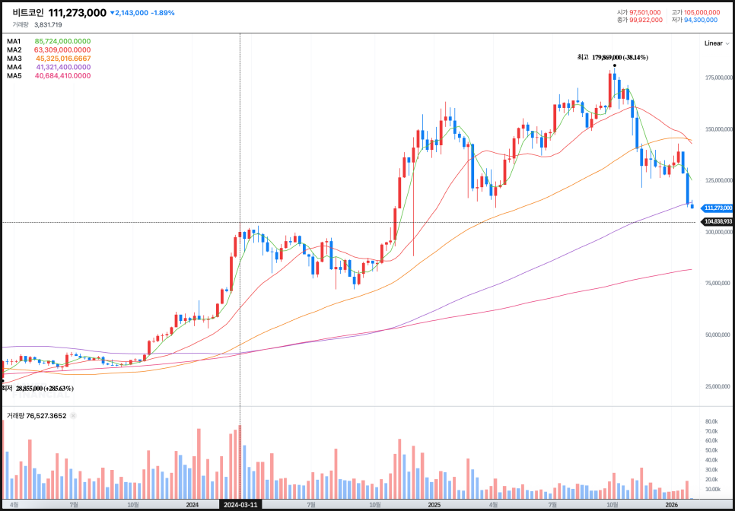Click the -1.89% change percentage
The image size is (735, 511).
pyautogui.click(x=163, y=13)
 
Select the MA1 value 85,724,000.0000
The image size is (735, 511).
pyautogui.click(x=62, y=41)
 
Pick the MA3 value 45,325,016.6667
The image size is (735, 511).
pyautogui.click(x=62, y=59)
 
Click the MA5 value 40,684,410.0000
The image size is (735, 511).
pyautogui.click(x=62, y=76)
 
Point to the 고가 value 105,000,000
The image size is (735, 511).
pyautogui.click(x=702, y=12)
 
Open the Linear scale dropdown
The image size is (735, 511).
pyautogui.click(x=714, y=43)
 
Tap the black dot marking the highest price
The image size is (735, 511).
pyautogui.click(x=614, y=65)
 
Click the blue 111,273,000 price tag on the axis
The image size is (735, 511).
pyautogui.click(x=717, y=208)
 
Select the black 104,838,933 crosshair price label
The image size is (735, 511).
pyautogui.click(x=717, y=221)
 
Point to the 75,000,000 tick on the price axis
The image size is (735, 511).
pyautogui.click(x=718, y=282)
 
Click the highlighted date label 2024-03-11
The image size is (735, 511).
pyautogui.click(x=240, y=504)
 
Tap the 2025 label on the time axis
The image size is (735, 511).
pyautogui.click(x=434, y=504)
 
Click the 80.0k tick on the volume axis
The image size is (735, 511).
pyautogui.click(x=712, y=421)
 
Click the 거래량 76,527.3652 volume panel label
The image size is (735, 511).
pyautogui.click(x=37, y=416)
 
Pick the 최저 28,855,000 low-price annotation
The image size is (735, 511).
pyautogui.click(x=38, y=388)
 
